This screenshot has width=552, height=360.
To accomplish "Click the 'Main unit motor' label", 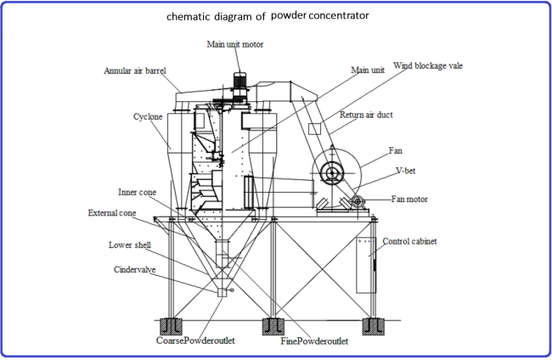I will pyautogui.click(x=235, y=43).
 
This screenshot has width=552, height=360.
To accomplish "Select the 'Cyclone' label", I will pyautogui.click(x=147, y=115).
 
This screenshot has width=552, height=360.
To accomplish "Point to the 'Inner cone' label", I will pyautogui.click(x=138, y=193).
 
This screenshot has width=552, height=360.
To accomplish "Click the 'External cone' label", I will pyautogui.click(x=112, y=212).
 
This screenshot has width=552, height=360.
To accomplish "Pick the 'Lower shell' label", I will pyautogui.click(x=132, y=245).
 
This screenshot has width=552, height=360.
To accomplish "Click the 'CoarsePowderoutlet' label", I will pyautogui.click(x=194, y=340).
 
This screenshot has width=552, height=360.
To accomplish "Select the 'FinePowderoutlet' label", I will pyautogui.click(x=314, y=341).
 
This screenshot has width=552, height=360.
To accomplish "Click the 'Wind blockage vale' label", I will pyautogui.click(x=427, y=65).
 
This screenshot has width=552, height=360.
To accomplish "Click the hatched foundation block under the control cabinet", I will pyautogui.click(x=370, y=325).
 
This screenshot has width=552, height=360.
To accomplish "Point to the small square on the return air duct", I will pyautogui.click(x=313, y=129).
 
